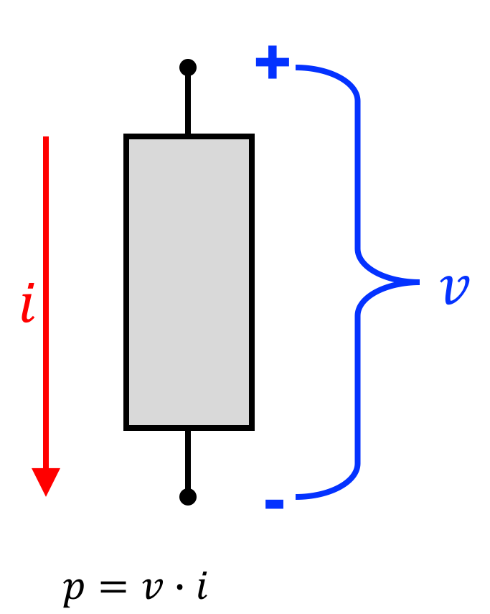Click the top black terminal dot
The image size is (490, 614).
coord(188,68)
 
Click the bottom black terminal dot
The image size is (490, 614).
coord(188,497)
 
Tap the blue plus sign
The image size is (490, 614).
coord(273,62)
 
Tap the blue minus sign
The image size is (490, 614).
coord(275,504)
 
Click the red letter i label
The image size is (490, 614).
coord(28,303)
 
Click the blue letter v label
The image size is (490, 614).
coord(454,289)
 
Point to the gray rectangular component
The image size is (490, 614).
coord(189,282)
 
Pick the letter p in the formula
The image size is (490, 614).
coord(74,590)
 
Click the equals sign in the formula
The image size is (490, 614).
coord(113,587)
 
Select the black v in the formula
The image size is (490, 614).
coord(153,587)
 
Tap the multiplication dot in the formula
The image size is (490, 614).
coord(179,587)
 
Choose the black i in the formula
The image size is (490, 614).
coord(202,585)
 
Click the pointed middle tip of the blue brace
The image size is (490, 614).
coord(418,282)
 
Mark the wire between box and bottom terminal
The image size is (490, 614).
coord(188,460)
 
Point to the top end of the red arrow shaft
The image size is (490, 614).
coord(46,137)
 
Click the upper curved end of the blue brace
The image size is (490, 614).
coord(297,68)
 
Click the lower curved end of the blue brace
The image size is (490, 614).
coord(297,497)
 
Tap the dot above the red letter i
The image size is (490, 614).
coord(32,287)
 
